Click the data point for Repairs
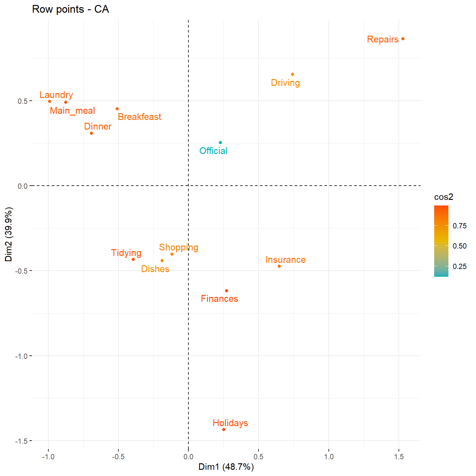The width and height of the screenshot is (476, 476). click(x=403, y=39)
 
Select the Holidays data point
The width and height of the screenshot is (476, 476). click(x=224, y=430)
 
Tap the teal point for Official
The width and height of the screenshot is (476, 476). click(x=220, y=143)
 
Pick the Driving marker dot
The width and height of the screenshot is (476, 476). click(x=293, y=74)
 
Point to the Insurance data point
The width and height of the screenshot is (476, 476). click(x=279, y=266)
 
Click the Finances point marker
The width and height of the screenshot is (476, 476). click(x=227, y=291)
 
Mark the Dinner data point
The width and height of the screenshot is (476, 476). click(x=91, y=133)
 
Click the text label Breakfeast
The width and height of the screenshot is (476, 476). click(x=139, y=117)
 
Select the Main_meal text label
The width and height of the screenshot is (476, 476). click(x=73, y=111)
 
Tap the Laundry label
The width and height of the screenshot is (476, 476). click(x=56, y=95)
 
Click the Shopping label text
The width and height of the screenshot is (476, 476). click(x=179, y=247)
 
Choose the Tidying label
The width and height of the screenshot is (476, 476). click(x=126, y=253)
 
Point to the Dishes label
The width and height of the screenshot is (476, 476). click(x=155, y=269)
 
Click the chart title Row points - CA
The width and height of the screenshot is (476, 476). click(x=71, y=9)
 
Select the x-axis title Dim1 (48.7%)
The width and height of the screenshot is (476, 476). click(x=226, y=467)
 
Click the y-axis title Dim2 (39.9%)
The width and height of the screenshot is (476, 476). click(x=9, y=234)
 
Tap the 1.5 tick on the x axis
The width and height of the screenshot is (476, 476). click(x=399, y=457)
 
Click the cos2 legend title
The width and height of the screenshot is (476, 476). click(x=444, y=197)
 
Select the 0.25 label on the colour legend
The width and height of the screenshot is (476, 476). click(x=460, y=267)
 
